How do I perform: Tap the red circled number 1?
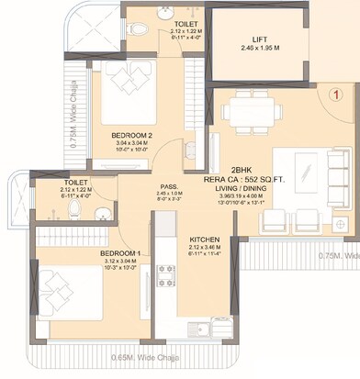point(336,93)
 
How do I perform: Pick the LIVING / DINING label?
point(241,186)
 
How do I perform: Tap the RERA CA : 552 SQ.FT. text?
point(241,178)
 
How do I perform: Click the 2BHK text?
point(241,170)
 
